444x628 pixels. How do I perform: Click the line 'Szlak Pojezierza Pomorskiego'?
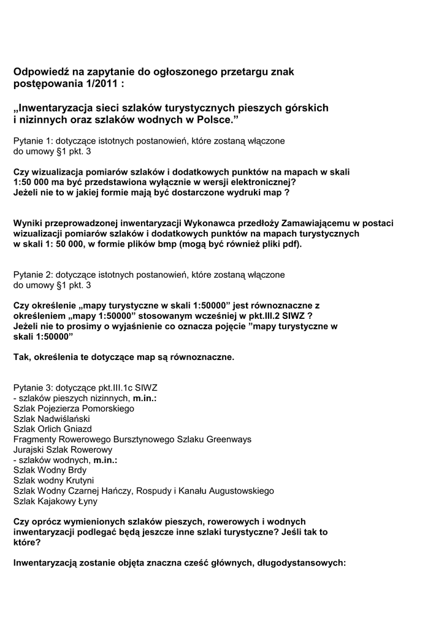point(74,408)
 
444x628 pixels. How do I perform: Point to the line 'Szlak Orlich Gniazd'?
point(53,429)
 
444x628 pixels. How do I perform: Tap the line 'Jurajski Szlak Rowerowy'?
point(63,450)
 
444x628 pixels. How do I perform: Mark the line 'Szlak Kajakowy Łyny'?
point(56,501)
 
